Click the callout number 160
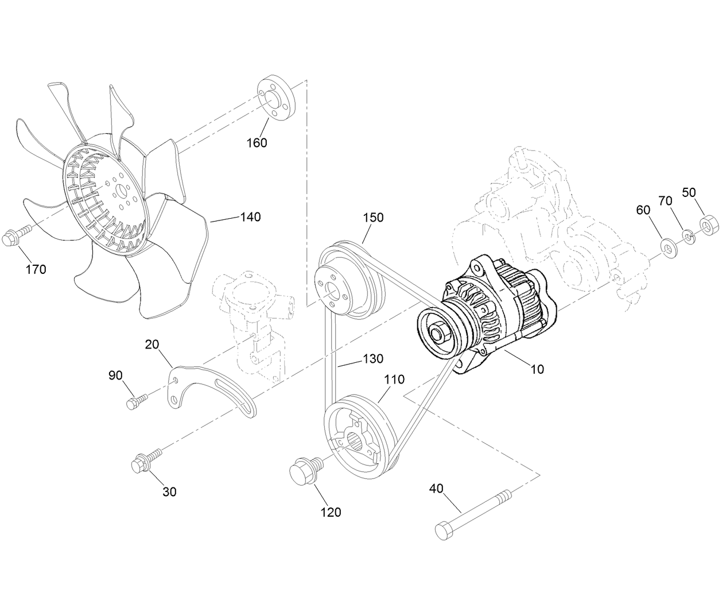(257, 142)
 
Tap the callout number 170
(36, 269)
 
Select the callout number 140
(250, 216)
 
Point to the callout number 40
(436, 489)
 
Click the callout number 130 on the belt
(372, 358)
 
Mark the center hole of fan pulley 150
(332, 295)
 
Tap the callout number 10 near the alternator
(537, 369)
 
